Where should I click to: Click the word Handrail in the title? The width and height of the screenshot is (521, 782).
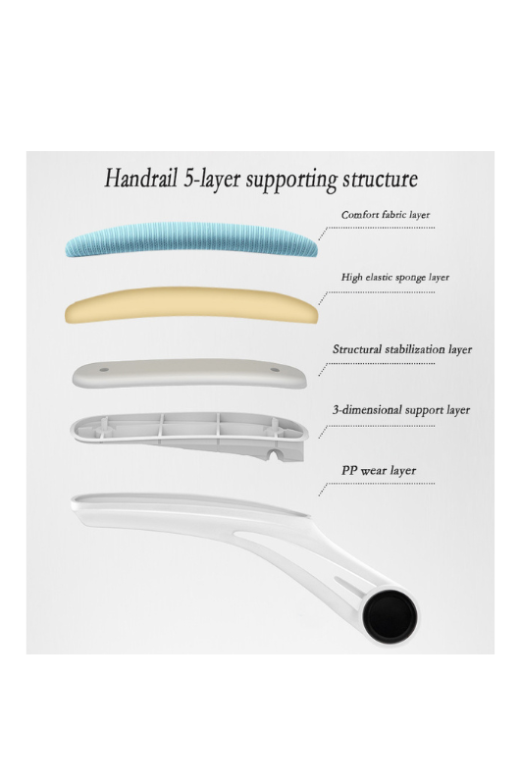pyautogui.click(x=140, y=178)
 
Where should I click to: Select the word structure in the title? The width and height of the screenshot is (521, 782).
pyautogui.click(x=380, y=179)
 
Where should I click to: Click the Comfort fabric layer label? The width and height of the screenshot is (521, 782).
pyautogui.click(x=386, y=215)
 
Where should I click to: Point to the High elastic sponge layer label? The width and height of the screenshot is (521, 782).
pyautogui.click(x=394, y=278)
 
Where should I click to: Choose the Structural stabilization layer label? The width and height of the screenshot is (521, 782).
pyautogui.click(x=402, y=349)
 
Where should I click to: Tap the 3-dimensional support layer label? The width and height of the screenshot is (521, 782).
pyautogui.click(x=401, y=410)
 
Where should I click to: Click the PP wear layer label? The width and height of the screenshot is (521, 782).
pyautogui.click(x=379, y=470)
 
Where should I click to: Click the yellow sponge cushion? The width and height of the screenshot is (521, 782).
pyautogui.click(x=191, y=305)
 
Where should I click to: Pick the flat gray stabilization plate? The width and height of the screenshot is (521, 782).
pyautogui.click(x=189, y=373)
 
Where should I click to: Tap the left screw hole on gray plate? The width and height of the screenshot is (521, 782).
pyautogui.click(x=104, y=370)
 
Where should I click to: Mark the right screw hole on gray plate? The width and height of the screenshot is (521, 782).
pyautogui.click(x=275, y=370)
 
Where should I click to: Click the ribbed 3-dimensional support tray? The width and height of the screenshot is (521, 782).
pyautogui.click(x=189, y=433)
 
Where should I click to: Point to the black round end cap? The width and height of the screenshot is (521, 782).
pyautogui.click(x=390, y=613)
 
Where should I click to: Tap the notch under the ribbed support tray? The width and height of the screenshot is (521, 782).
pyautogui.click(x=274, y=455)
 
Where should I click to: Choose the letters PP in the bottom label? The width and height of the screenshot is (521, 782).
pyautogui.click(x=349, y=470)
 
